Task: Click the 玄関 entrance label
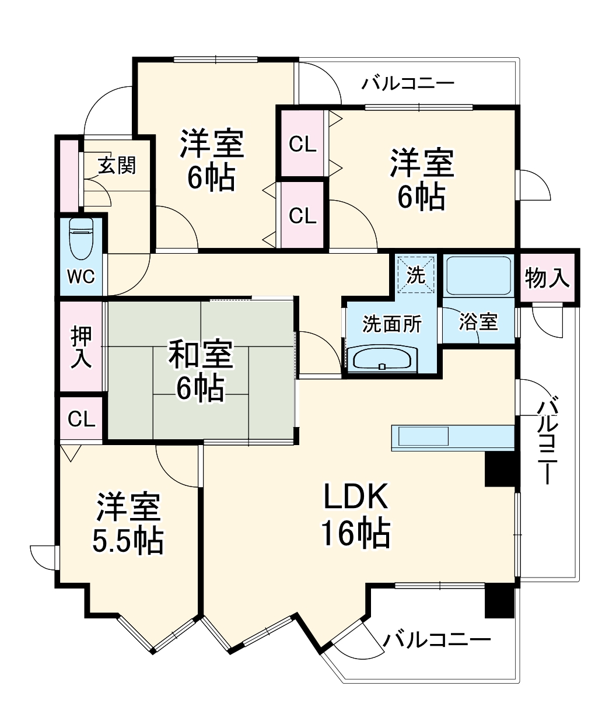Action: (117, 166)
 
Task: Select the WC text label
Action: (80, 276)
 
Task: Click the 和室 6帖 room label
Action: (201, 370)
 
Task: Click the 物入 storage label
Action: (547, 278)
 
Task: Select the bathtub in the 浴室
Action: (478, 275)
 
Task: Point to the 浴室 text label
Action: (478, 321)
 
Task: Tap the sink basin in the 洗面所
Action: (382, 358)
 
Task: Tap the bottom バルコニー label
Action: (436, 640)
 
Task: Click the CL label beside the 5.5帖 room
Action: (82, 419)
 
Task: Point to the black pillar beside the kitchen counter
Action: (501, 468)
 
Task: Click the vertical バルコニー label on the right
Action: (547, 441)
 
